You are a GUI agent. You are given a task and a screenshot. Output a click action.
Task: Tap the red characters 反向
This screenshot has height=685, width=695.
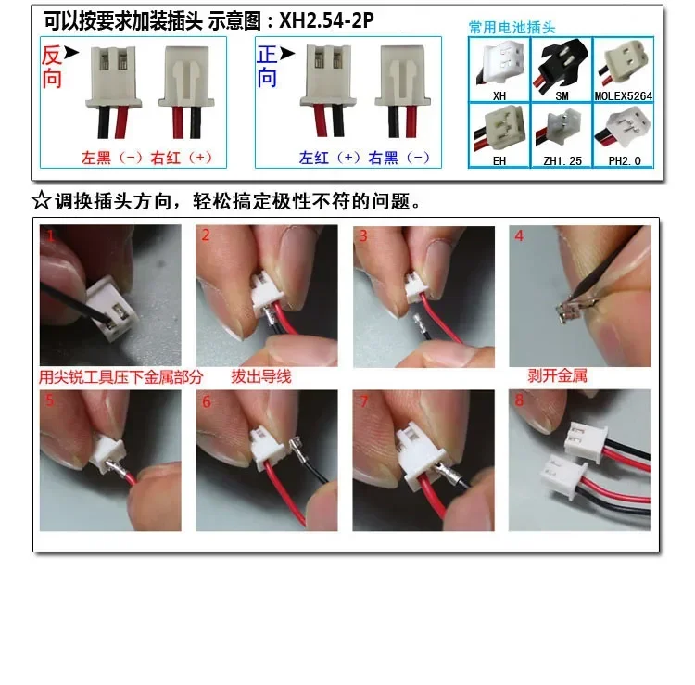click(x=52, y=67)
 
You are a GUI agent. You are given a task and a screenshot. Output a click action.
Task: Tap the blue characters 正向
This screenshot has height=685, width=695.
click(x=267, y=67)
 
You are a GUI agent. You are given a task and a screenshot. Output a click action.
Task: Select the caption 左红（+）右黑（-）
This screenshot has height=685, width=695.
click(x=364, y=159)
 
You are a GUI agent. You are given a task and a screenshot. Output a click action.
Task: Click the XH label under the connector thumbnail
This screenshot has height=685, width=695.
click(x=499, y=95)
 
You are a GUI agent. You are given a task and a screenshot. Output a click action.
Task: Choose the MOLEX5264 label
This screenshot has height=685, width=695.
click(x=622, y=95)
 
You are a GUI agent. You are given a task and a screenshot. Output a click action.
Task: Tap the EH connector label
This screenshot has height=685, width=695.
click(x=499, y=160)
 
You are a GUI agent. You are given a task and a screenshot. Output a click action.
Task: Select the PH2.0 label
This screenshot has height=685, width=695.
click(x=622, y=160)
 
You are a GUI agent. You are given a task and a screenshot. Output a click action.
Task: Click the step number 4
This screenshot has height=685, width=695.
click(x=519, y=235)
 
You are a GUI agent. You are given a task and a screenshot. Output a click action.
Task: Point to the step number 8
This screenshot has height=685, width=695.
click(x=519, y=401)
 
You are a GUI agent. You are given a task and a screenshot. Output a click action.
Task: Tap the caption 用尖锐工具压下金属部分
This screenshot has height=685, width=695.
click(x=120, y=376)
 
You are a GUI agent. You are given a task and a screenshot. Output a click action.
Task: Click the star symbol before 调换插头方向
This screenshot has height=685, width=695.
click(x=41, y=201)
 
